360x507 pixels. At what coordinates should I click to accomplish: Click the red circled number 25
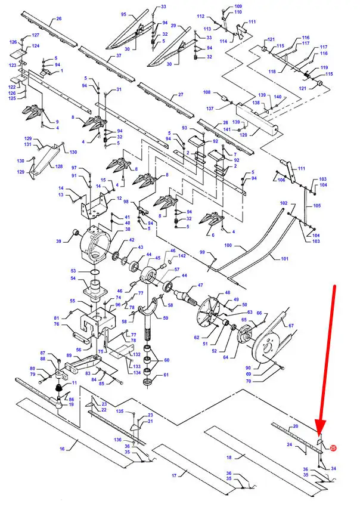(334, 447)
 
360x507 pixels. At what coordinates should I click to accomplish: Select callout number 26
(58, 19)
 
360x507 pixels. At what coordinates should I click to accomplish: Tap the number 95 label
(123, 14)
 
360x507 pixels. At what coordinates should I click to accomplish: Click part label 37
(118, 55)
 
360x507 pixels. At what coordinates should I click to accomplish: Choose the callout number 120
(243, 135)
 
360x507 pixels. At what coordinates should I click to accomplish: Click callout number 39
(75, 242)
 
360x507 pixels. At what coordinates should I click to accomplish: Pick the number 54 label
(73, 278)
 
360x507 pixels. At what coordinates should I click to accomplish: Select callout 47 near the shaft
(200, 285)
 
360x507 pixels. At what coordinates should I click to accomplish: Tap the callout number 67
(291, 326)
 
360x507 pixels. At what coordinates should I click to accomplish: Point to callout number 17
(174, 475)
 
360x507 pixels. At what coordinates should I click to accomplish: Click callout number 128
(59, 166)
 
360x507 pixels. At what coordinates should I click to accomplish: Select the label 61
(166, 375)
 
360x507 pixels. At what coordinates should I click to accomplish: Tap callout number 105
(316, 205)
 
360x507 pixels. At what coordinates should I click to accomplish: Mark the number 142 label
(182, 255)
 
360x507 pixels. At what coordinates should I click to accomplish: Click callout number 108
(207, 92)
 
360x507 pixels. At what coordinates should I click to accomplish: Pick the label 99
(202, 253)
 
